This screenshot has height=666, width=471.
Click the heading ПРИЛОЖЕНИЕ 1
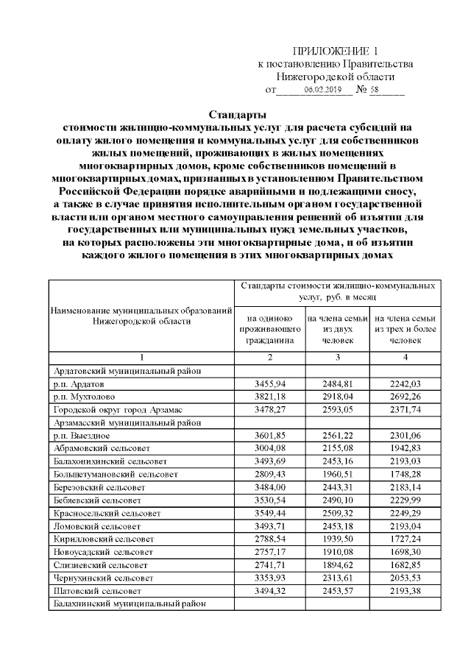click(335, 51)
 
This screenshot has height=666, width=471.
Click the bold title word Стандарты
click(236, 115)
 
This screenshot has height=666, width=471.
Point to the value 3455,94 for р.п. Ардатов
click(269, 384)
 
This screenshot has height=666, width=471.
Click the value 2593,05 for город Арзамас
click(338, 409)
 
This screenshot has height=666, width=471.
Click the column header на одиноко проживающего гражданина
click(269, 330)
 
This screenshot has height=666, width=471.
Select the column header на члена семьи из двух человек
click(338, 330)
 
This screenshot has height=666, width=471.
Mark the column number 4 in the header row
click(406, 358)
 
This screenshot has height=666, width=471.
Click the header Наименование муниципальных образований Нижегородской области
click(140, 316)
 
